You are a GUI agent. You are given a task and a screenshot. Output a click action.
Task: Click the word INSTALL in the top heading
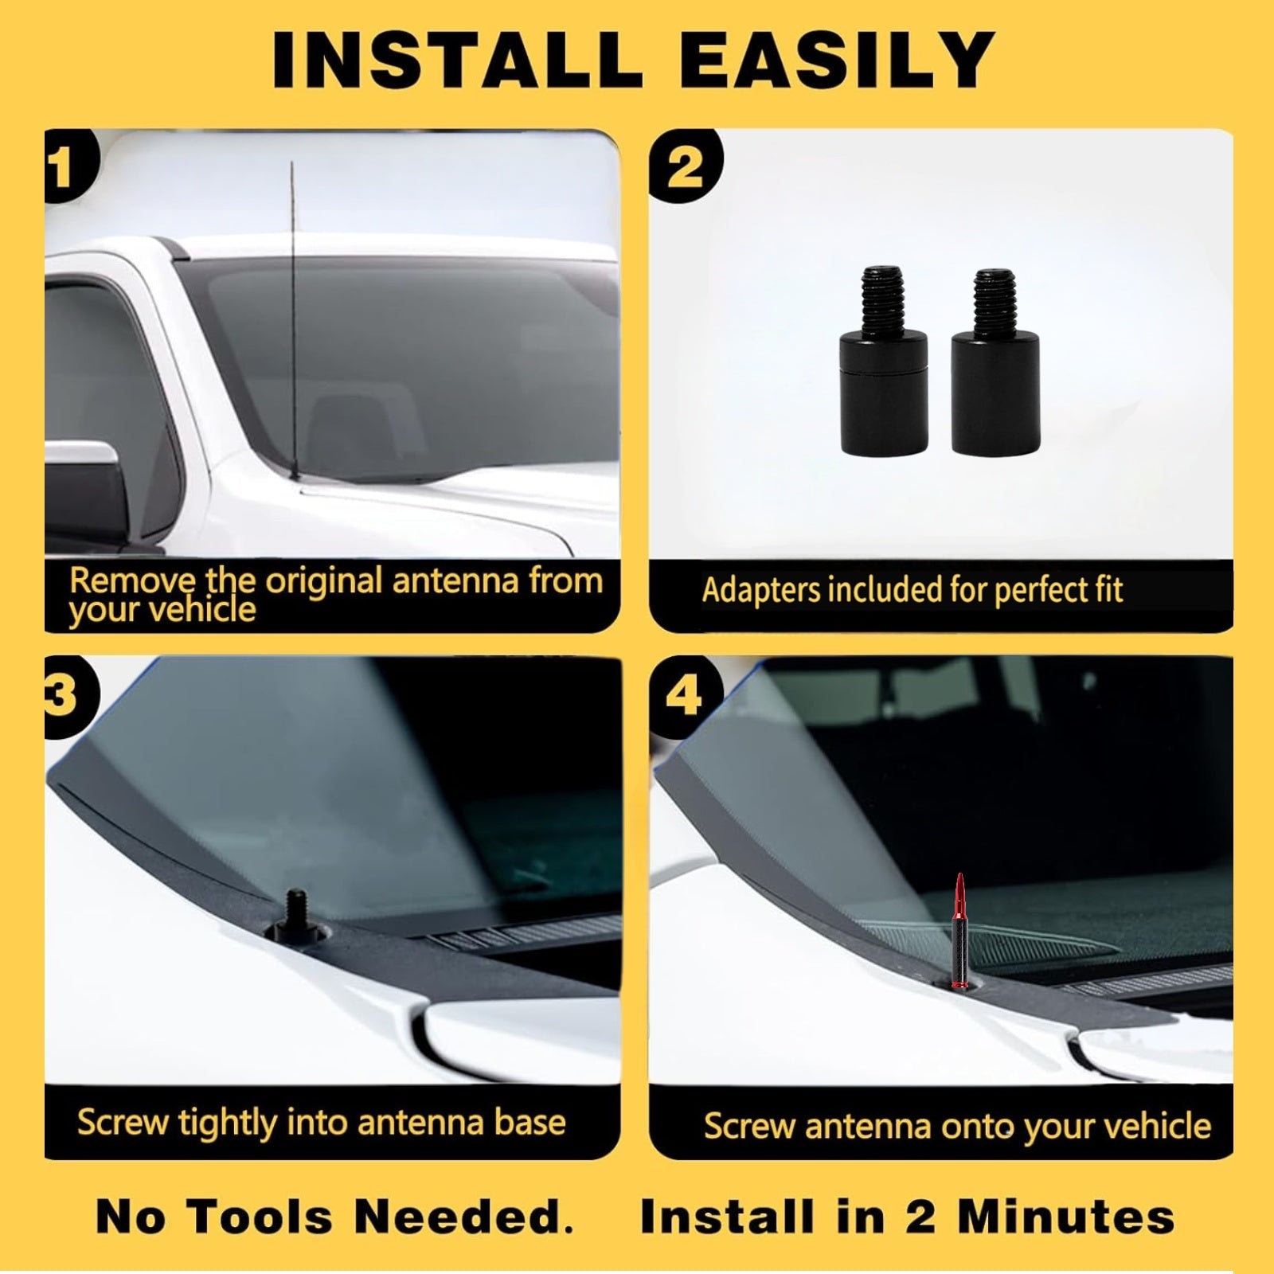457,60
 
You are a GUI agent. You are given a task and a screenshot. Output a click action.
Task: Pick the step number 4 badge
685,696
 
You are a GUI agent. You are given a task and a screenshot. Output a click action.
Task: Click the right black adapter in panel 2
991,362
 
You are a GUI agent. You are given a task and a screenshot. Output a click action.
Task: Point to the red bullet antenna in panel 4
960,932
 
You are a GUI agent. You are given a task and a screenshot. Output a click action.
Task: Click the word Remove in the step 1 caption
132,580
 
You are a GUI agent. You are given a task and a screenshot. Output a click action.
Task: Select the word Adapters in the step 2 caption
760,591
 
